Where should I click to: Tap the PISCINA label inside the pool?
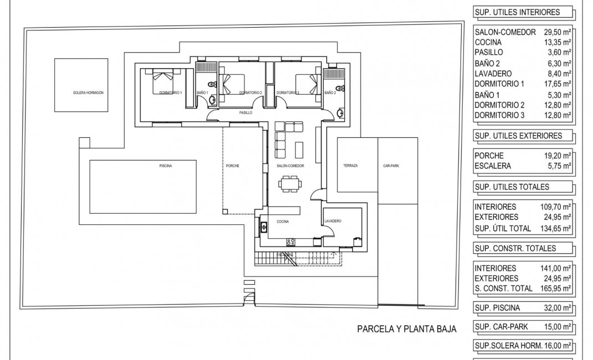(x=165, y=166)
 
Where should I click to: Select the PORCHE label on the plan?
(x=233, y=166)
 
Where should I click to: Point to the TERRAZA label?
(x=350, y=166)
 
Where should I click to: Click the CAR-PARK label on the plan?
(x=391, y=166)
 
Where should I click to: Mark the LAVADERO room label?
(x=333, y=221)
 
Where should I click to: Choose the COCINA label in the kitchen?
(x=283, y=221)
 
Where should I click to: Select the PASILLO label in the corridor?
(x=246, y=112)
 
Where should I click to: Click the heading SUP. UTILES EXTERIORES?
(x=518, y=136)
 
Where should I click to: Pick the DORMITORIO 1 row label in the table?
(x=499, y=84)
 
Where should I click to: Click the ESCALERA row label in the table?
(x=493, y=166)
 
